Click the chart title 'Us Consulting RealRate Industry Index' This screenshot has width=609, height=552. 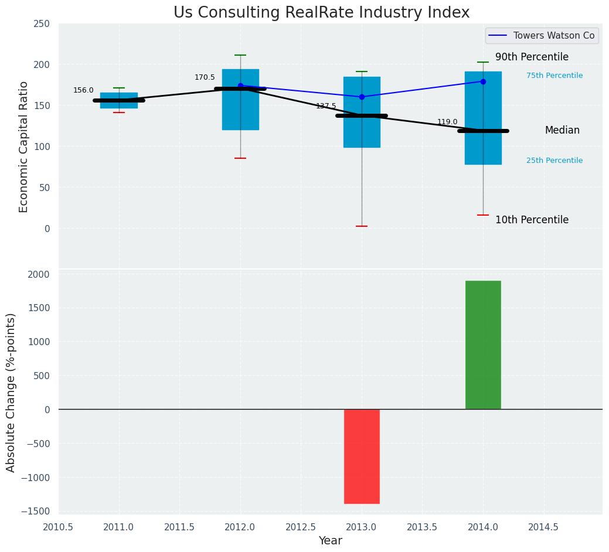tap(321, 13)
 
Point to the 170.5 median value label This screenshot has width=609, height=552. tap(205, 77)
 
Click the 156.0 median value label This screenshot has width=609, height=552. tap(83, 90)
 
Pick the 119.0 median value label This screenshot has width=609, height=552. tap(447, 122)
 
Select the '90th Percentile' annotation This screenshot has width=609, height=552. tap(532, 57)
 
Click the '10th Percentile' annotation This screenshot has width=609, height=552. tap(532, 220)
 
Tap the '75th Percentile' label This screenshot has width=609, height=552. tap(554, 76)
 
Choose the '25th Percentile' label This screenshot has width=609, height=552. tap(554, 161)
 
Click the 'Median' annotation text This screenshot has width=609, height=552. tap(562, 131)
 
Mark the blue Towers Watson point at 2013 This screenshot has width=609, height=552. tap(362, 97)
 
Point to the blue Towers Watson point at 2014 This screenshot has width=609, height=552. tap(483, 81)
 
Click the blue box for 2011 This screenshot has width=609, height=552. tap(118, 96)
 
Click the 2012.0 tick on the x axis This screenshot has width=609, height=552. tap(240, 527)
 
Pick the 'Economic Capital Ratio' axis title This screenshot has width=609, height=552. tap(24, 146)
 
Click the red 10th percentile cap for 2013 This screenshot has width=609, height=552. tap(362, 226)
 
